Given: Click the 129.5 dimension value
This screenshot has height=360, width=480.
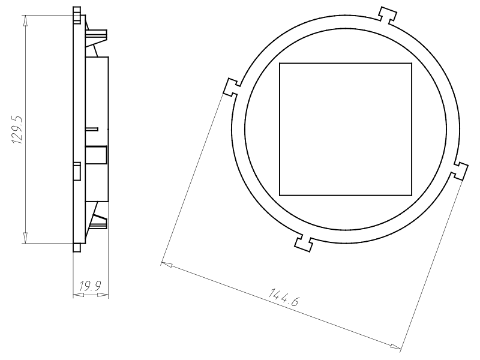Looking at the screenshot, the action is click(17, 130).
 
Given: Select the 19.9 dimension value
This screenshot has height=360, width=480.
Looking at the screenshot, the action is click(90, 286).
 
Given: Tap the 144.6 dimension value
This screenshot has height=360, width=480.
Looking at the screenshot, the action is click(283, 297).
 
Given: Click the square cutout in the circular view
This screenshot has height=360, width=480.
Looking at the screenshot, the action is click(346, 129).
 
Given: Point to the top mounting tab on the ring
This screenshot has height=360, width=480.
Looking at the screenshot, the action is click(388, 15).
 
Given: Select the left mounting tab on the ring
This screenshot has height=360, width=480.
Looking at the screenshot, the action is click(232, 88).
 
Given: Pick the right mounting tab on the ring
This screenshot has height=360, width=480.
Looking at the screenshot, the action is click(459, 171).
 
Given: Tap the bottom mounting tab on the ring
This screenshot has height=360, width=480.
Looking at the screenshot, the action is click(304, 243).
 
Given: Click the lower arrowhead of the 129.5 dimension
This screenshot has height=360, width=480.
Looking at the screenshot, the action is click(26, 238).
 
